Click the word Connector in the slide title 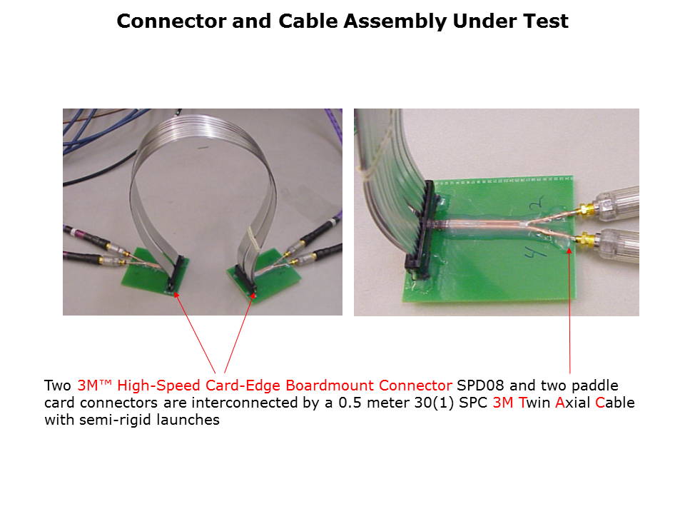(x=172, y=21)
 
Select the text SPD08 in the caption (x=480, y=385)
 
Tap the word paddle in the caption (x=595, y=385)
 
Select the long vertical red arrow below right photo (x=569, y=311)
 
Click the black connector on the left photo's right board (x=245, y=279)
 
